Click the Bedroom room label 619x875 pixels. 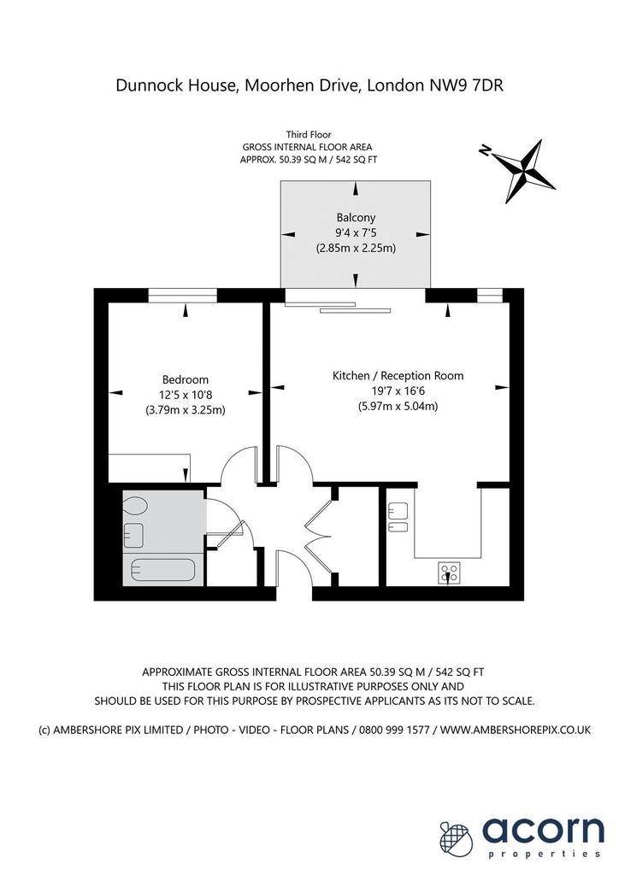[x=186, y=380]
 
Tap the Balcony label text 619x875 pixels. [x=356, y=218]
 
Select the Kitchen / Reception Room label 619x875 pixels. [x=398, y=376]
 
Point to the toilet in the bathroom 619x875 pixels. [x=135, y=507]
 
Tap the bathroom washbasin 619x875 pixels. [x=133, y=535]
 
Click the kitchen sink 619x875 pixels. [x=398, y=518]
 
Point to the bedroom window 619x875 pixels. [x=182, y=295]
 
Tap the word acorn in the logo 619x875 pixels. [x=543, y=831]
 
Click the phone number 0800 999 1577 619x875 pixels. [x=394, y=730]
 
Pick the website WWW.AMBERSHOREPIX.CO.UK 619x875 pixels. [x=516, y=730]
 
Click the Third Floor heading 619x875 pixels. [x=309, y=134]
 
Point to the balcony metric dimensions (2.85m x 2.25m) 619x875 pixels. [x=356, y=248]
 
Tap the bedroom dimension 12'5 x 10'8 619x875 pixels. [x=186, y=395]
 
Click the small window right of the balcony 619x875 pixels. [x=490, y=295]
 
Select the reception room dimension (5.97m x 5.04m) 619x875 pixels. [x=398, y=406]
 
